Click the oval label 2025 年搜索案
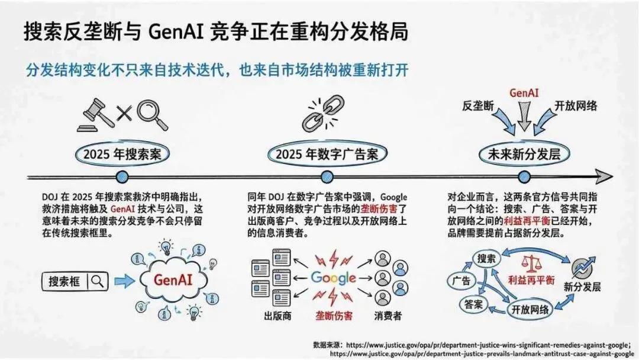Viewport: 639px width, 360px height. coord(122,155)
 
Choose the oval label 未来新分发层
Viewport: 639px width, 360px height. coord(523,155)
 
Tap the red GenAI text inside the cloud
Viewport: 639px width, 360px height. coord(175,278)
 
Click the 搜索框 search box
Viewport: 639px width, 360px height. coord(75,282)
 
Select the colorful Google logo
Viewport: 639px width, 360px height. coord(333,278)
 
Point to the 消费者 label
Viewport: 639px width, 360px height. coord(388,315)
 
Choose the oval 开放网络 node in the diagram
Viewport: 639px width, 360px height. coord(530,308)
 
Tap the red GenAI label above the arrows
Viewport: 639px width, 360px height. coord(524,93)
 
